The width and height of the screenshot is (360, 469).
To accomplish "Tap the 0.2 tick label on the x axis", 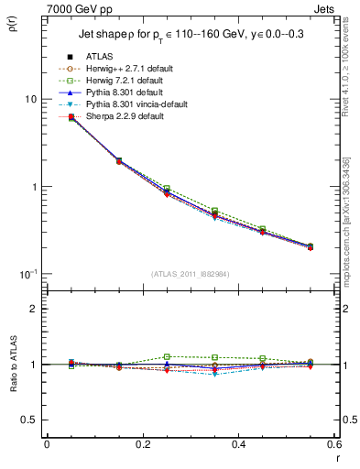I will click(x=142, y=444).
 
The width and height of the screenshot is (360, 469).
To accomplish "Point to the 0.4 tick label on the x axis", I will click(x=238, y=444).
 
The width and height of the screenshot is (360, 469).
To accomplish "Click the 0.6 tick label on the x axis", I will click(x=333, y=444).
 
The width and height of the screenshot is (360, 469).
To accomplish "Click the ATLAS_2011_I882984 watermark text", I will click(x=191, y=273).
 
